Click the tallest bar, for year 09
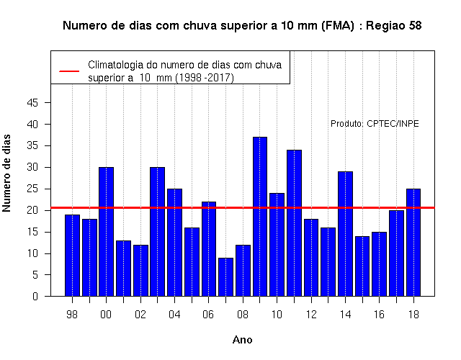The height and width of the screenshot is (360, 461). click(x=260, y=217)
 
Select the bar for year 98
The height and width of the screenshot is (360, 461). click(x=72, y=256)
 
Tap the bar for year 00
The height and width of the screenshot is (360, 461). click(x=106, y=232)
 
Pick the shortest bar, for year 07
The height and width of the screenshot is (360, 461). click(x=225, y=276)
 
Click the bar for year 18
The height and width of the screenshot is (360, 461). click(x=413, y=243)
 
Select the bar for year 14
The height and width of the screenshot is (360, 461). click(x=345, y=234)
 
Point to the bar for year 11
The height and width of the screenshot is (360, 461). click(x=295, y=223)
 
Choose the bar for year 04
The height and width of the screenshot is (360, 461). click(x=174, y=243)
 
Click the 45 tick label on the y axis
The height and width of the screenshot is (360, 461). click(x=32, y=103)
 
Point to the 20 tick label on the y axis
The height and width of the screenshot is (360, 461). click(x=32, y=210)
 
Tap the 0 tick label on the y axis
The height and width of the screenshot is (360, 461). click(x=35, y=296)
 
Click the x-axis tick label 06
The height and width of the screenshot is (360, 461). click(x=208, y=315)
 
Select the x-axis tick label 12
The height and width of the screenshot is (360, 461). click(x=311, y=315)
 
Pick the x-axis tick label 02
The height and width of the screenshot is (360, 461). click(x=140, y=315)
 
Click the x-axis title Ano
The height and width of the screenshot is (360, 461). click(x=242, y=340)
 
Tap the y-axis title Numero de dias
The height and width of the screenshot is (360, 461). click(x=6, y=174)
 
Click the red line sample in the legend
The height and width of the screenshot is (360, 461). click(x=69, y=71)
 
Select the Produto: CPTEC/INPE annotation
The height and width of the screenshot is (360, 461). click(x=375, y=124)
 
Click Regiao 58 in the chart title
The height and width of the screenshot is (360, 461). click(x=394, y=26)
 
